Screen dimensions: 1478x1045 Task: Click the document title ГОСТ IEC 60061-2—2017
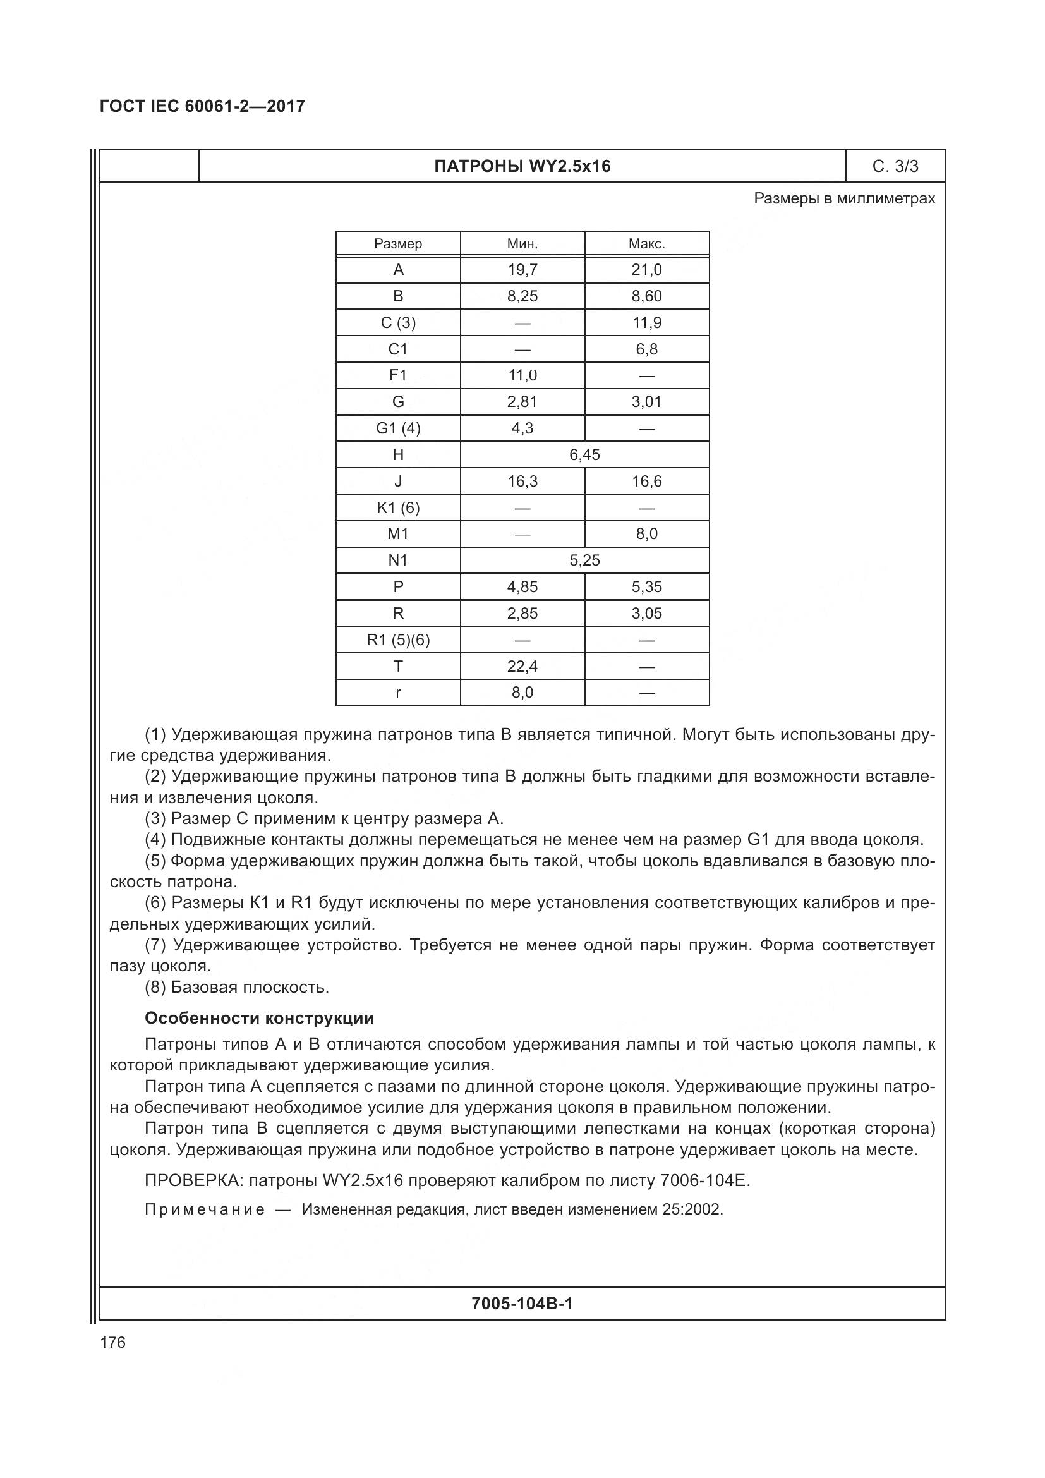coord(202,106)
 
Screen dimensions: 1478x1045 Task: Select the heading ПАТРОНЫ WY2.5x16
coord(522,167)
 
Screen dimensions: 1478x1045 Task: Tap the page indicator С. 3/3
coord(895,167)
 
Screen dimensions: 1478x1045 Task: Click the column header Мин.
coord(522,244)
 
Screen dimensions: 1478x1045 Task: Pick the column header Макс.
coord(647,244)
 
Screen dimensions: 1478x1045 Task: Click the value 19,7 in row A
coord(522,270)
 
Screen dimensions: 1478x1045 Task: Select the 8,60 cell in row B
coord(647,296)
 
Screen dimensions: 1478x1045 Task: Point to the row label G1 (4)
coord(397,428)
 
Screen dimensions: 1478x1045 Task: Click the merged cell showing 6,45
coord(584,455)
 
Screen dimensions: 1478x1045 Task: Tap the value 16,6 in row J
coord(647,482)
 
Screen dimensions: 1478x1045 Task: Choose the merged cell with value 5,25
coord(584,560)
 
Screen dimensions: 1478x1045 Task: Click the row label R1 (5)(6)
coord(397,640)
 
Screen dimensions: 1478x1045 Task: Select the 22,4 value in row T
coord(522,666)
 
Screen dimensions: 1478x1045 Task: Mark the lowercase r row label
coord(397,693)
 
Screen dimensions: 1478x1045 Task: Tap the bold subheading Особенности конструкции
coord(258,1019)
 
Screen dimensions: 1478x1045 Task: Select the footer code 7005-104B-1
coord(522,1304)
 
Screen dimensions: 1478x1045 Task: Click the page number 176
coord(112,1343)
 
